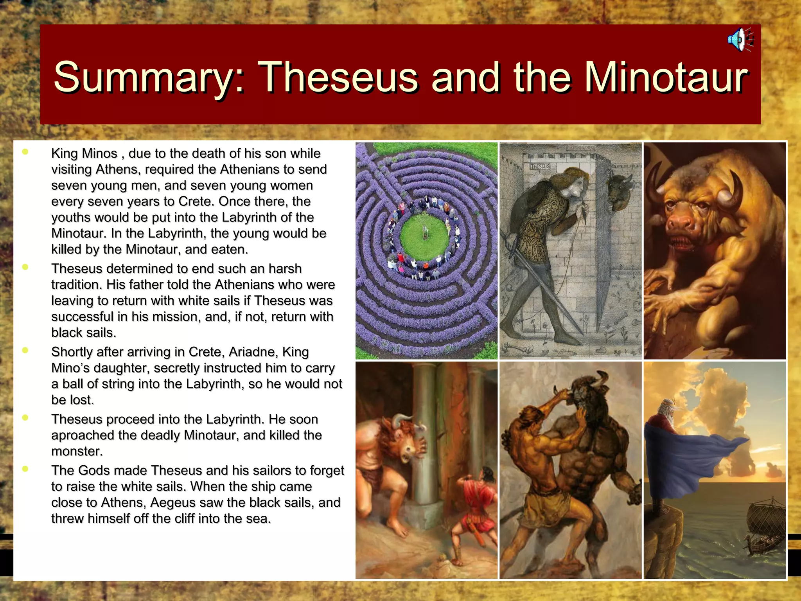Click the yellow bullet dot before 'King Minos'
pos(25,152)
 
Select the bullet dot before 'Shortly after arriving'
pos(25,350)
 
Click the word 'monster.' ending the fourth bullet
pos(77,451)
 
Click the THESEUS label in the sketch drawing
pos(540,166)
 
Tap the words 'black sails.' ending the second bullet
pos(84,333)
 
